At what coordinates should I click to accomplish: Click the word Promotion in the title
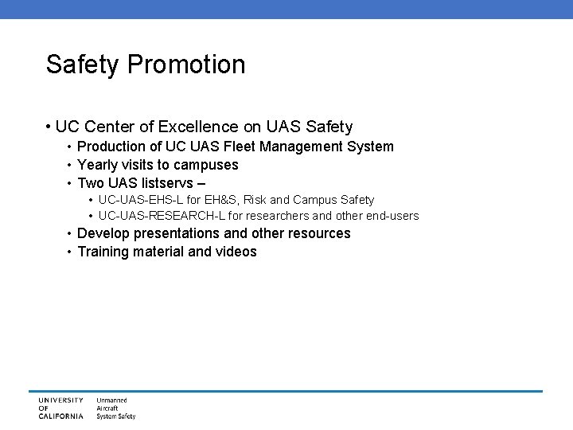point(194,65)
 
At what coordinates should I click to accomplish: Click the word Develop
point(103,233)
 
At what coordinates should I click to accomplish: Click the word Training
point(103,252)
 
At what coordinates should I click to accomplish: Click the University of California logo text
point(60,408)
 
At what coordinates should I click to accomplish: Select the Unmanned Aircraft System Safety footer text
point(115,408)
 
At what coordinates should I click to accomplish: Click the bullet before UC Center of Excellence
point(49,127)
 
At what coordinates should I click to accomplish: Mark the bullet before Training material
point(70,252)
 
